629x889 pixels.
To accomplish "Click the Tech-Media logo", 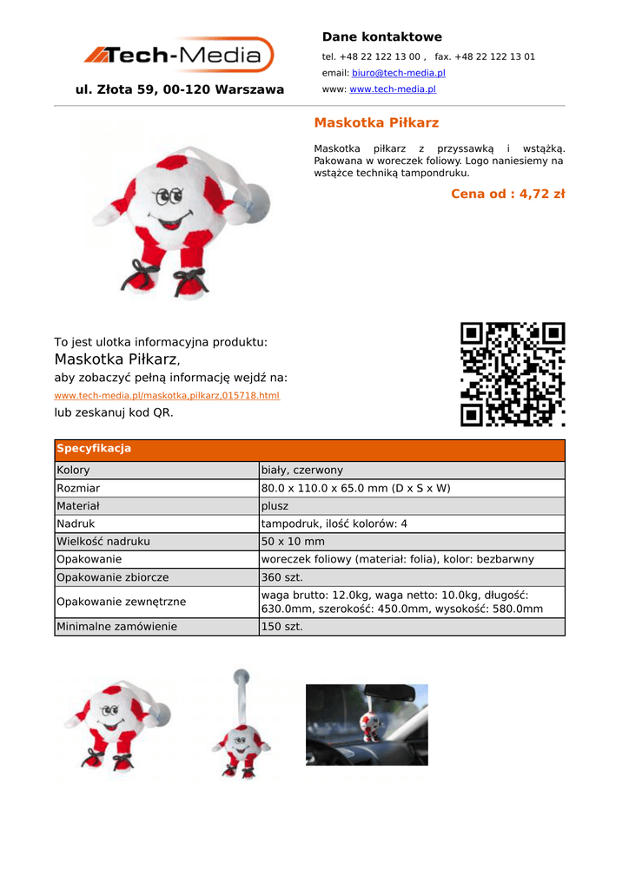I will click(179, 56).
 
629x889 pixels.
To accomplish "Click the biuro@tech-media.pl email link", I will click(398, 73).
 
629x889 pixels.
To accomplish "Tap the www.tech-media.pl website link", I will click(392, 89).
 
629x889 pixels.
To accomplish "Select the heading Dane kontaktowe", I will click(381, 37).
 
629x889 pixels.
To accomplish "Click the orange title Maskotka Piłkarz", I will click(376, 122).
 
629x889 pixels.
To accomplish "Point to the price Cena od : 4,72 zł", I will click(507, 194).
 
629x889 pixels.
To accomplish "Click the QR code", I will click(513, 374).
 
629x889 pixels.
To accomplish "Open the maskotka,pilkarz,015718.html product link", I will click(167, 396).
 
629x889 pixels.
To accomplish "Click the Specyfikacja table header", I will click(94, 449).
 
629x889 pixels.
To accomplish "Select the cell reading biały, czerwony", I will click(301, 471).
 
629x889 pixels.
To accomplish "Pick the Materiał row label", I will click(78, 506).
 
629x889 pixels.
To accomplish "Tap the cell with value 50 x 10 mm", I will click(293, 542).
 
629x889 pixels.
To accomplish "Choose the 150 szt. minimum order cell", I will click(282, 627).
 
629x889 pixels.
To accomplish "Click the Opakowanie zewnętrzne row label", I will click(121, 602).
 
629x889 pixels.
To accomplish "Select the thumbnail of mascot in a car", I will click(367, 724).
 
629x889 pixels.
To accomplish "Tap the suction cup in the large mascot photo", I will click(255, 203).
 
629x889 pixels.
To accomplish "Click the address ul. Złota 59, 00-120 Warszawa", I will click(180, 89).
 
